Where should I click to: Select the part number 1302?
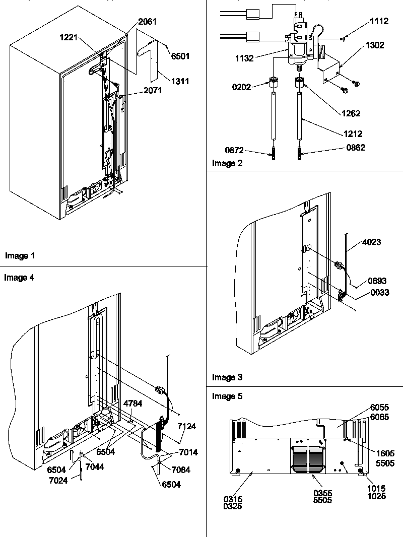tap(374, 45)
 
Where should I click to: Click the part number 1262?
tap(351, 113)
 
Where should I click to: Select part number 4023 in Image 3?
tap(371, 242)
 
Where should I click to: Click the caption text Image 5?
tap(227, 396)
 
